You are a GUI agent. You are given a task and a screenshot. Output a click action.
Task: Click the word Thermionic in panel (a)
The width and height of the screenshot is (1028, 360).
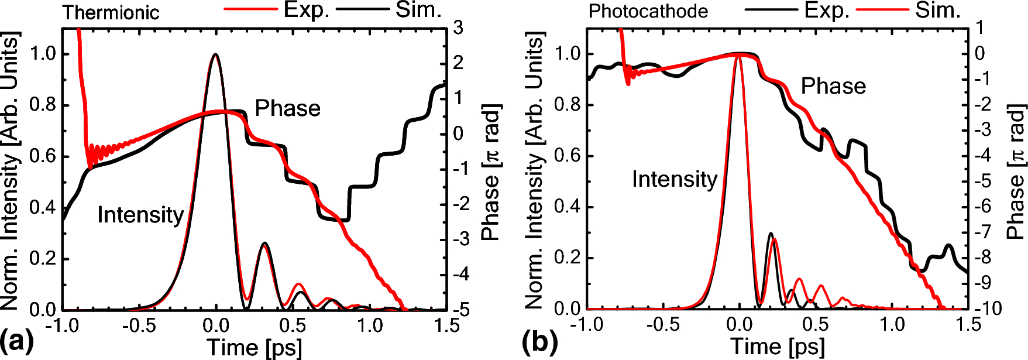[111, 12]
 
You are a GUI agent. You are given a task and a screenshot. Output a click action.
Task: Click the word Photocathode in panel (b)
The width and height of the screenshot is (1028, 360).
[648, 11]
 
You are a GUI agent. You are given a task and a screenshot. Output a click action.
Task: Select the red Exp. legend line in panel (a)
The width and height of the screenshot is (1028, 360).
[250, 9]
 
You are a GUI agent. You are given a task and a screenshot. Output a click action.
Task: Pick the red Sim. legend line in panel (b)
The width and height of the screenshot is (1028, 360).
[882, 9]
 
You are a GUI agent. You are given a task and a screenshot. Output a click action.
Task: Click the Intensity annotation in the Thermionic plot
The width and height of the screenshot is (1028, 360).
[140, 215]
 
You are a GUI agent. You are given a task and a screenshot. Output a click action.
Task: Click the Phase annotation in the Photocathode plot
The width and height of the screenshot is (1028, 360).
[833, 86]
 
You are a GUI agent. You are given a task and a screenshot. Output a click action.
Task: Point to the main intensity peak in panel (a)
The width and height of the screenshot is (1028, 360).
[215, 54]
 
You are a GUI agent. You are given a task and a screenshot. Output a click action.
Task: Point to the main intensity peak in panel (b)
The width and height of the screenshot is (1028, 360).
[738, 54]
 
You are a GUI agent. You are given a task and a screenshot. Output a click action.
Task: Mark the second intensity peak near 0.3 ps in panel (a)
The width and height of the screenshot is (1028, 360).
[264, 244]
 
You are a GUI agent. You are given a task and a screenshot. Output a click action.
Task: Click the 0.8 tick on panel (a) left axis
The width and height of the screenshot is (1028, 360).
[42, 105]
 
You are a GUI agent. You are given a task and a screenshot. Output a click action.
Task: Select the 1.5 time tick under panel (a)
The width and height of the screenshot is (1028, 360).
[446, 325]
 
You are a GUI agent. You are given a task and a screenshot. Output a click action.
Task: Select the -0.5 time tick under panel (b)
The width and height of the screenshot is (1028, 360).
[663, 324]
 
